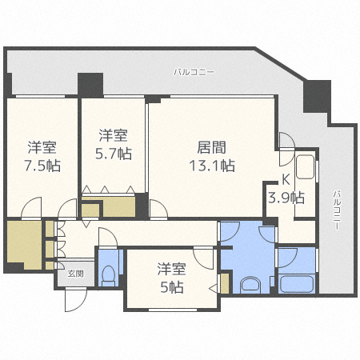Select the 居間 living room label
[211, 148]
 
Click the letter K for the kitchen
[285, 180]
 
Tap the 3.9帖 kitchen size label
[286, 197]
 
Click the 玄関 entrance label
[74, 274]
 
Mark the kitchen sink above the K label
[305, 170]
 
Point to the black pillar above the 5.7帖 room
[90, 83]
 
